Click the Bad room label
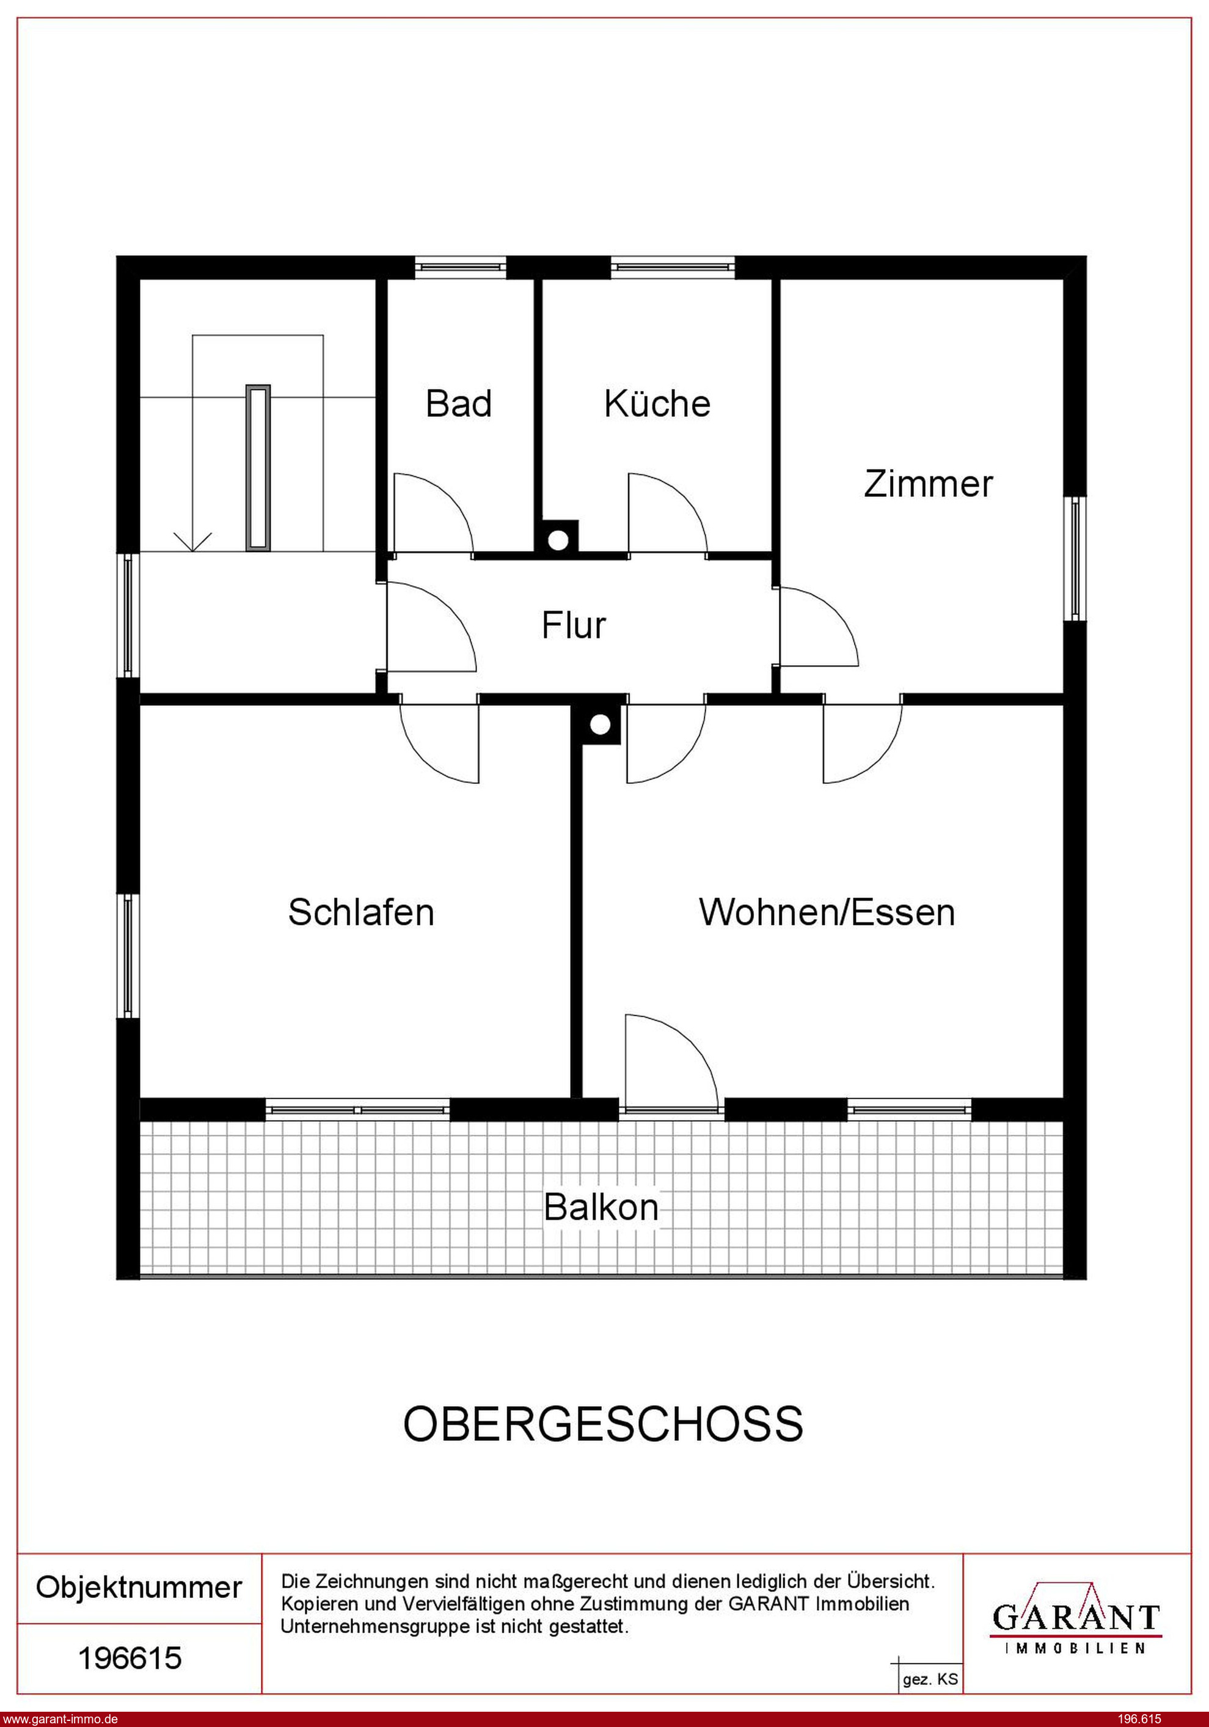[459, 404]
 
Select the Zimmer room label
[928, 484]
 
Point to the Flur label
[574, 625]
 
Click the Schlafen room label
[361, 911]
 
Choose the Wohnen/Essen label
[827, 911]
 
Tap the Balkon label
[601, 1207]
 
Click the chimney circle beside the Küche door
[558, 539]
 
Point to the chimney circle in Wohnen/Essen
[600, 725]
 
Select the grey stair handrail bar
[258, 467]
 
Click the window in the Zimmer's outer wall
[1076, 558]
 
